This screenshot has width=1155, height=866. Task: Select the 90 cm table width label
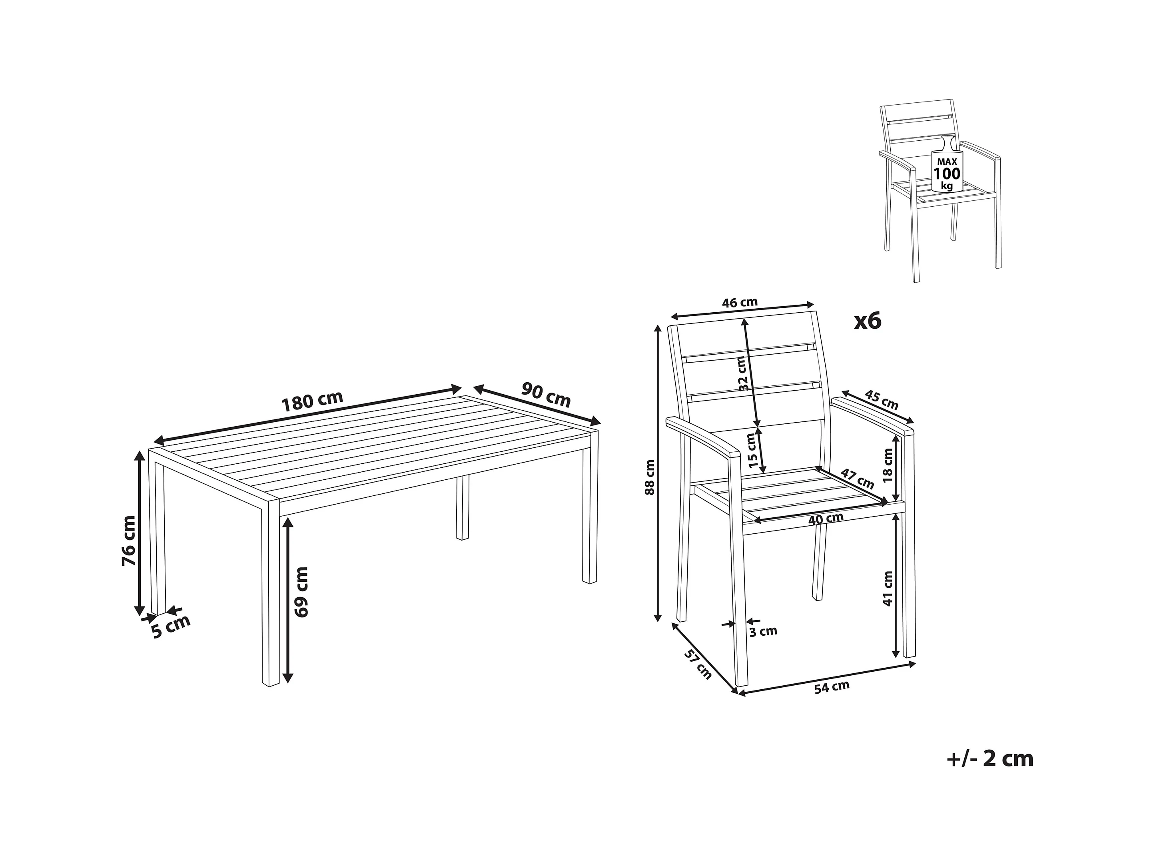546,395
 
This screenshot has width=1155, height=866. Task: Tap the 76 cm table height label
128,540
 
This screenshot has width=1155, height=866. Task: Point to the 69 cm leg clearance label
301,592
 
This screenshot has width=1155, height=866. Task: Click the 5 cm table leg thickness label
171,627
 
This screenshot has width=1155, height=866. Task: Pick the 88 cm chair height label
650,477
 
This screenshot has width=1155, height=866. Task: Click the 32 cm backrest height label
744,373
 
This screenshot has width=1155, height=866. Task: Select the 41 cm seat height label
887,589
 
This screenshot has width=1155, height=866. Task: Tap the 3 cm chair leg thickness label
763,631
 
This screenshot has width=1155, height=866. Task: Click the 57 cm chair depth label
698,664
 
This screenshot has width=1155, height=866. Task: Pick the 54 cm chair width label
832,687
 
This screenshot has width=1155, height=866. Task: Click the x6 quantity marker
867,321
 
